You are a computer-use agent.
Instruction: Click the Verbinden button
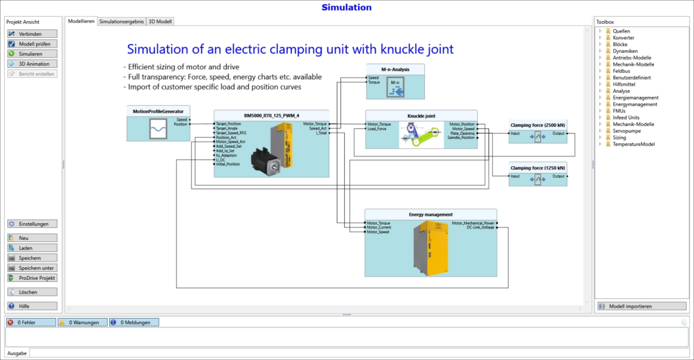pyautogui.click(x=32, y=34)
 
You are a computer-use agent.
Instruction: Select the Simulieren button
pyautogui.click(x=32, y=54)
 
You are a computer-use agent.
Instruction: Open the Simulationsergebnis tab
pyautogui.click(x=121, y=21)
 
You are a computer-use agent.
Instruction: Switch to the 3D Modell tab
pyautogui.click(x=160, y=21)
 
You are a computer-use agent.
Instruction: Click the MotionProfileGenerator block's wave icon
pyautogui.click(x=159, y=128)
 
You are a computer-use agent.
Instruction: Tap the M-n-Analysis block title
pyautogui.click(x=395, y=68)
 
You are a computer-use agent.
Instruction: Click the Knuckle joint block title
pyautogui.click(x=421, y=115)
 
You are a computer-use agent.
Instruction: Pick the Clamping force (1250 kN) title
pyautogui.click(x=537, y=167)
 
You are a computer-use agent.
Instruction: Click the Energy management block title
pyautogui.click(x=430, y=214)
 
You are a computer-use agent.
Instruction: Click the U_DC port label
pyautogui.click(x=221, y=159)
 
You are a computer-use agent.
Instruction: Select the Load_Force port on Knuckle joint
pyautogui.click(x=377, y=129)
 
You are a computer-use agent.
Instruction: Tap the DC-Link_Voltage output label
pyautogui.click(x=481, y=227)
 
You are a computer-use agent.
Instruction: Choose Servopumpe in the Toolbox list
pyautogui.click(x=626, y=130)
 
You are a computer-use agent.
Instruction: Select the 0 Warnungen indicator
pyautogui.click(x=82, y=323)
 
